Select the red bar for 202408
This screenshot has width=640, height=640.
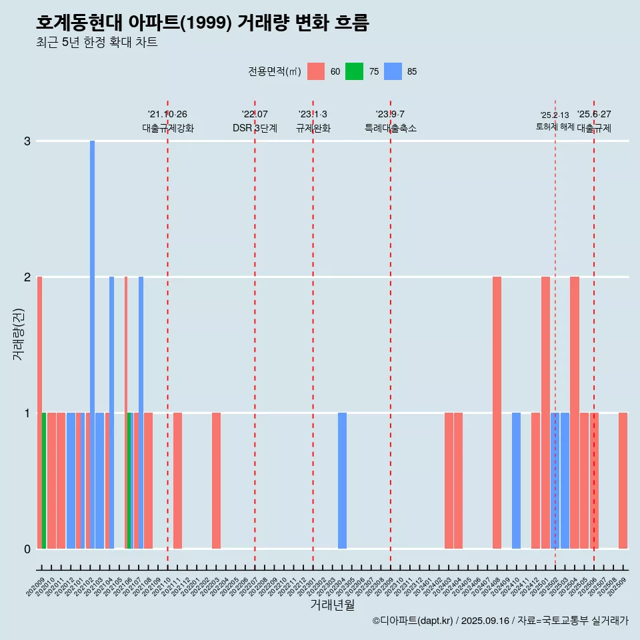pos(497,413)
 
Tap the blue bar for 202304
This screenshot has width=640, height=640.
pos(342,481)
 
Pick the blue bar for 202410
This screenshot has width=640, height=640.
pos(516,481)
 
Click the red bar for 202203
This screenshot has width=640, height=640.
pos(216,481)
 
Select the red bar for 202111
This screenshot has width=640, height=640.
pos(177,481)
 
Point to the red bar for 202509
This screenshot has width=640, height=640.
pos(623,481)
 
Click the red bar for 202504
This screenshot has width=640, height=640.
pos(575,413)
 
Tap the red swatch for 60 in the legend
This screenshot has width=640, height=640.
pos(316,71)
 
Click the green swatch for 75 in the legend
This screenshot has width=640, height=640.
pos(354,71)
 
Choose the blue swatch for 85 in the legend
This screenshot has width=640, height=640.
pos(393,71)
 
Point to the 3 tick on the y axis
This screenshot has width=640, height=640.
pos(27,141)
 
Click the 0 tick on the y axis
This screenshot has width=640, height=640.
pos(27,549)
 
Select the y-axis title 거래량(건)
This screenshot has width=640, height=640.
pos(18,333)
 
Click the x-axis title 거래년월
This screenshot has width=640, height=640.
pos(332,605)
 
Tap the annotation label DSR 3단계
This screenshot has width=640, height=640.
pos(255,128)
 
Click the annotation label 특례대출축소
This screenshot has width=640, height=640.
pos(391,128)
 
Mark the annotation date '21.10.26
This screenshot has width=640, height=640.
pos(167,114)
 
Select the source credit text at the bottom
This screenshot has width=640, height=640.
pos(500,621)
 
